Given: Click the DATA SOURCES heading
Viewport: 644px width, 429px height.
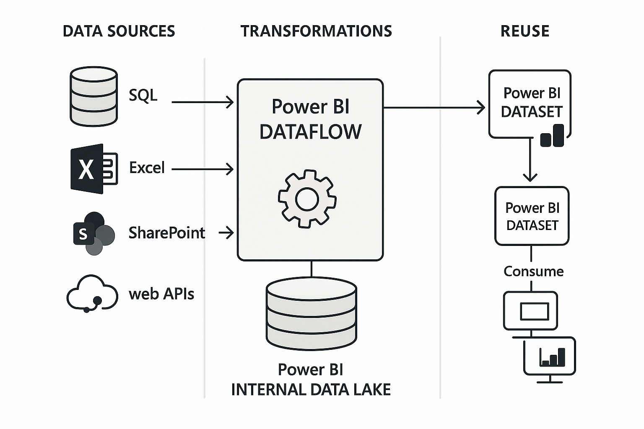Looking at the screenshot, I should coord(119,31).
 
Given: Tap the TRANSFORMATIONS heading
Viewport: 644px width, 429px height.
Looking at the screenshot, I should coord(316,31).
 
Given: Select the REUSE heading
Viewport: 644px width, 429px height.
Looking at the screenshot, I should coord(525,31).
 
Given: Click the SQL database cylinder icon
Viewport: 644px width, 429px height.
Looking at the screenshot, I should coord(93,96).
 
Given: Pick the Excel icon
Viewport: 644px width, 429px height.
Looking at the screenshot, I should coord(93,169).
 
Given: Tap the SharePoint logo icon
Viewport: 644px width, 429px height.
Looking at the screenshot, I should coord(93,233).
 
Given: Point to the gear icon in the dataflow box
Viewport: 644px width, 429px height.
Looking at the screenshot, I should coord(307,199).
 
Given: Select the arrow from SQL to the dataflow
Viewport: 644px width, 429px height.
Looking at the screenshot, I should coord(203,102).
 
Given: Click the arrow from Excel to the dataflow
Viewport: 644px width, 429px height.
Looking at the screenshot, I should coord(203,169).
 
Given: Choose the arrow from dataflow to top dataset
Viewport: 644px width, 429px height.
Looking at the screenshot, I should coord(434,108).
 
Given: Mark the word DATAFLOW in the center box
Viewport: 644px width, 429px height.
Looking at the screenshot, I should coord(310,132).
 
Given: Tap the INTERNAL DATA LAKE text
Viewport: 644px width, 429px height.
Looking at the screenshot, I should coord(311,390).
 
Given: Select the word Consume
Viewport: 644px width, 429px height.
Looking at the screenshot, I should coord(533,271).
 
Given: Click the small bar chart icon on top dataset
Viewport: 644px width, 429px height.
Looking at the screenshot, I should coord(552,135).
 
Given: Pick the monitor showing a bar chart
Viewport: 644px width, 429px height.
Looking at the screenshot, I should coord(550,357).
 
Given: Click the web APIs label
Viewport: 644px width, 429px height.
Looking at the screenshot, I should coord(161,294).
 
